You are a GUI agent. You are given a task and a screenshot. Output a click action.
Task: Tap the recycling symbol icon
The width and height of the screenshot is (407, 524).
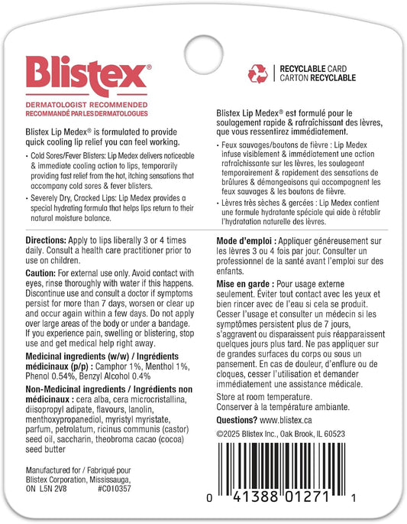click(257, 73)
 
